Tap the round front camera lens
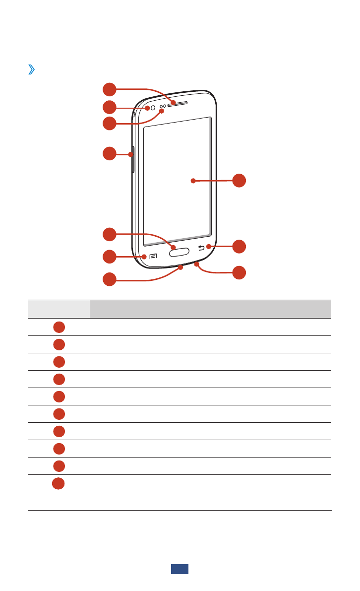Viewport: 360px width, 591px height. click(153, 108)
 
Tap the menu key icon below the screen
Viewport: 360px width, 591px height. click(153, 257)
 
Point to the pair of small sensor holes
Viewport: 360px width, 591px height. click(163, 107)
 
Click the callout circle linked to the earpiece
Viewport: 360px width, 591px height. click(110, 90)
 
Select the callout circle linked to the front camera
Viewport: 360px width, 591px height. click(110, 107)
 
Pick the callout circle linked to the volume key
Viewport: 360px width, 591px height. click(110, 154)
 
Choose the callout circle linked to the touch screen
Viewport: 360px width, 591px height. click(239, 181)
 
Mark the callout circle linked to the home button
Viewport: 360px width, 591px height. click(110, 234)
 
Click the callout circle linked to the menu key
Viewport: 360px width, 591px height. click(110, 257)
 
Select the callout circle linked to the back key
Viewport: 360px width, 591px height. click(239, 246)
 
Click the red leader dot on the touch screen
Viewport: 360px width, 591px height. click(193, 181)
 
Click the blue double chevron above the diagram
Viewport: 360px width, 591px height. click(32, 70)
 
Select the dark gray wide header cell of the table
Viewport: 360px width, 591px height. click(210, 309)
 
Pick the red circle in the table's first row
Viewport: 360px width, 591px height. click(59, 327)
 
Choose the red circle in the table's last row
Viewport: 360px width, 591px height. click(59, 483)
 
